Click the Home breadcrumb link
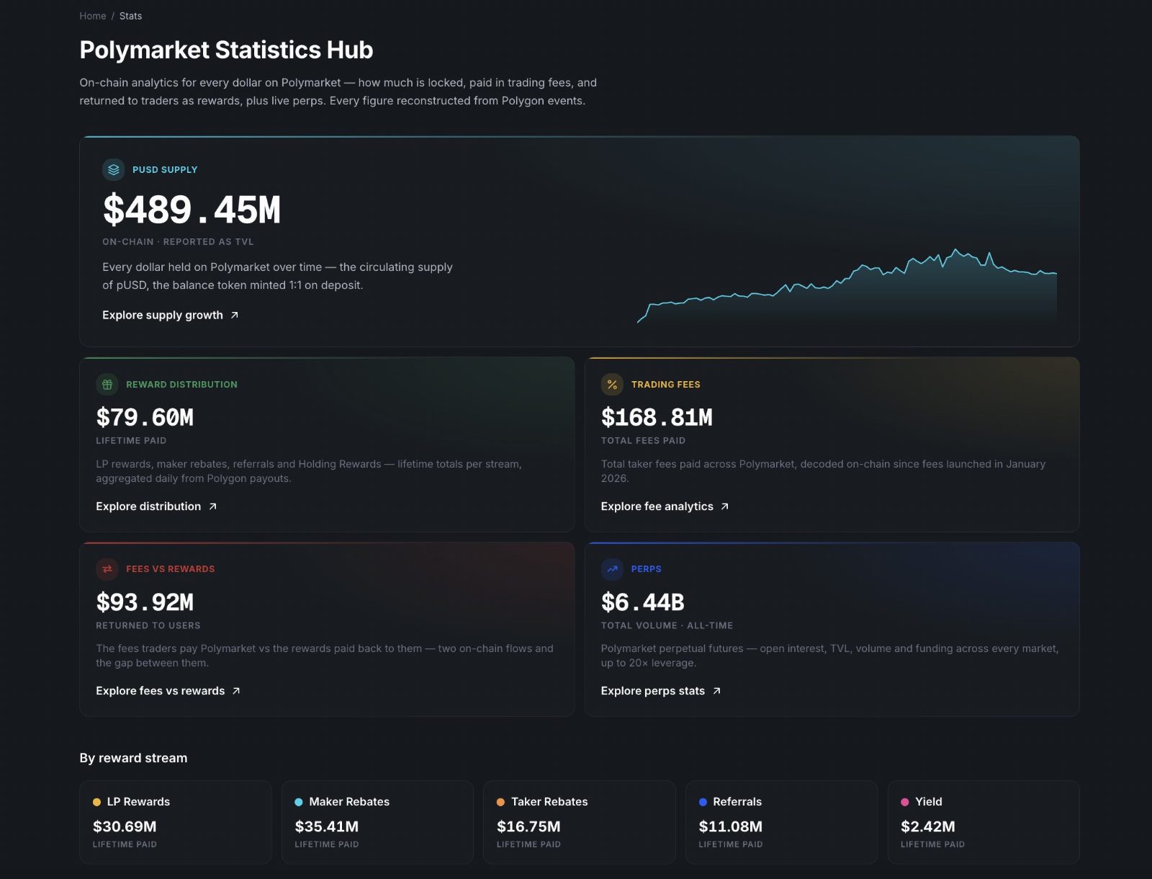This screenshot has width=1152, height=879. (92, 16)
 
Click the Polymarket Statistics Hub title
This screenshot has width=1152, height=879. (226, 50)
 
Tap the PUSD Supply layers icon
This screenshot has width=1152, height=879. (113, 169)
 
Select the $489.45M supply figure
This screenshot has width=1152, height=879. (192, 210)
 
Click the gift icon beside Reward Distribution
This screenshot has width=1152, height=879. (107, 384)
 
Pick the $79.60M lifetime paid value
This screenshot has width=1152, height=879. (145, 417)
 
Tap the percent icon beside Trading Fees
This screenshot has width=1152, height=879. (612, 384)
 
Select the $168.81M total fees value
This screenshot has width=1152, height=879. (657, 417)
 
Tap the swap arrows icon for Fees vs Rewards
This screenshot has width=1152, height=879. (107, 568)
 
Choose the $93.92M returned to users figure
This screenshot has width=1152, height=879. (145, 602)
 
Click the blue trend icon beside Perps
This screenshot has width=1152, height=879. (612, 568)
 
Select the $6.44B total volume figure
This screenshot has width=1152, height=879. (643, 602)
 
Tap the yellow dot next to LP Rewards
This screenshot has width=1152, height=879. (96, 802)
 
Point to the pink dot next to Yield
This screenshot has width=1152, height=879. (905, 802)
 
